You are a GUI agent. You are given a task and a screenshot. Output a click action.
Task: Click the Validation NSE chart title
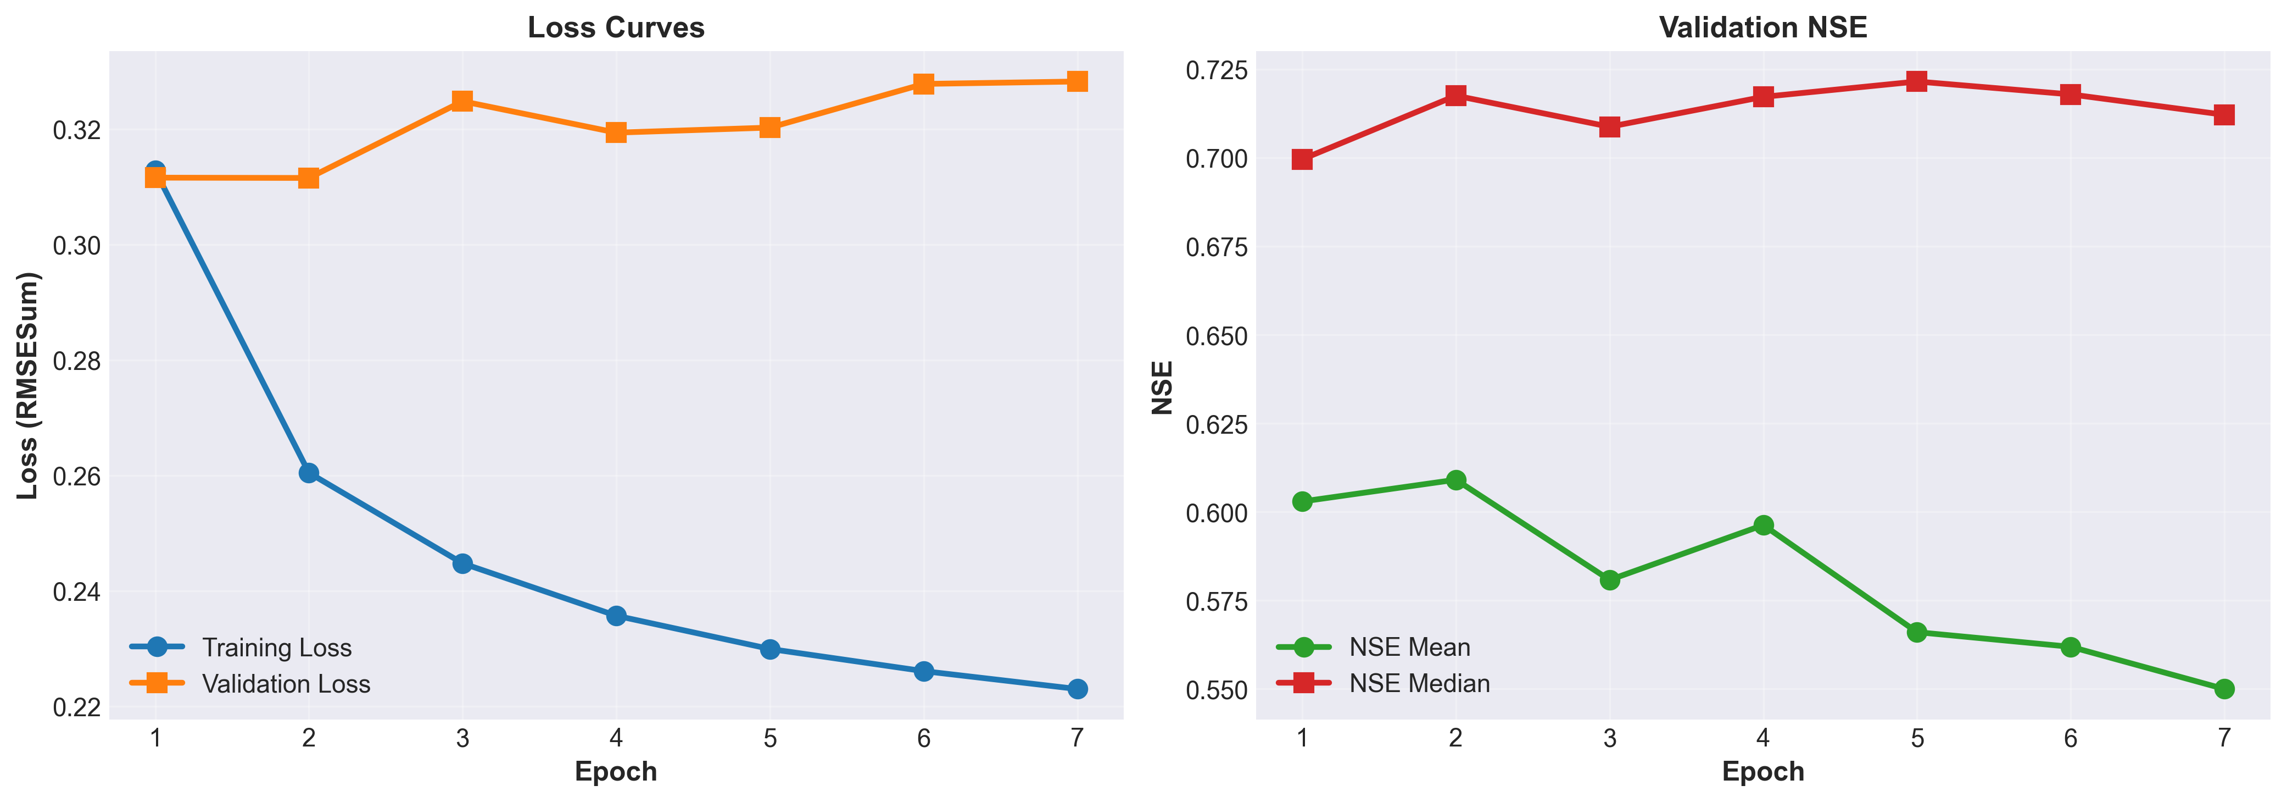(x=1762, y=27)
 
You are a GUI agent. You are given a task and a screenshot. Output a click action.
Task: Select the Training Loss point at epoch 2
(x=309, y=473)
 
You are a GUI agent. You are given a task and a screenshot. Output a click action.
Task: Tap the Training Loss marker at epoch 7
(x=1077, y=689)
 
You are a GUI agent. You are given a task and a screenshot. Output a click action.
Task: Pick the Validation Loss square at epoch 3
(x=462, y=101)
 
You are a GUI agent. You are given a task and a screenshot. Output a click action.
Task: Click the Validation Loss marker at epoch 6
(x=923, y=84)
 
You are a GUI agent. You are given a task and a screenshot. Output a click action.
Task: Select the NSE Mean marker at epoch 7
(x=2224, y=689)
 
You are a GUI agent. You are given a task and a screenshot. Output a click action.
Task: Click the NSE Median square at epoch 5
(x=1917, y=82)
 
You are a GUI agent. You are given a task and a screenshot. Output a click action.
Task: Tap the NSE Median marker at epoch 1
(x=1302, y=160)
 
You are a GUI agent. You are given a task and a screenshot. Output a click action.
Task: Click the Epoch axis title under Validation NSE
(x=1762, y=771)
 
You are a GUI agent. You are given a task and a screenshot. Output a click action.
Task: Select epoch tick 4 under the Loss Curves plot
(x=616, y=738)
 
